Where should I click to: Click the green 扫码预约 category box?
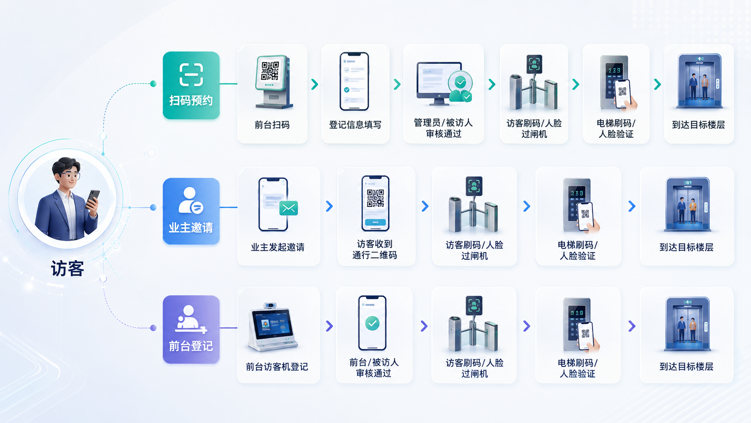click(191, 85)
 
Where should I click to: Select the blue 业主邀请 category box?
click(191, 211)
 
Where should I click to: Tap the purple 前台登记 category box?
click(191, 329)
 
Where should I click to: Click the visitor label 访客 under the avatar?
click(67, 269)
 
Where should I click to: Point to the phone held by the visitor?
click(93, 199)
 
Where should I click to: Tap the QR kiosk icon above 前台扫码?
click(273, 82)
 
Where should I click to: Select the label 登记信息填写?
click(355, 125)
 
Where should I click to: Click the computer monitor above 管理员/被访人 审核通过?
click(438, 83)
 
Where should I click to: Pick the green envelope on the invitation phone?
click(289, 208)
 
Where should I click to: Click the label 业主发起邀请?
click(278, 247)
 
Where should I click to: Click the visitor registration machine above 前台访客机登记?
click(272, 327)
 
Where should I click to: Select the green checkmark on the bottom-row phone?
click(372, 323)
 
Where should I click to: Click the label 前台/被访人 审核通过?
click(374, 368)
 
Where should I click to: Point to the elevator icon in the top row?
click(699, 81)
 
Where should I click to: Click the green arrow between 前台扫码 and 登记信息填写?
click(314, 84)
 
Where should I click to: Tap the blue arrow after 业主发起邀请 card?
click(329, 206)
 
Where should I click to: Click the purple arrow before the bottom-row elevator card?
click(632, 326)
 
